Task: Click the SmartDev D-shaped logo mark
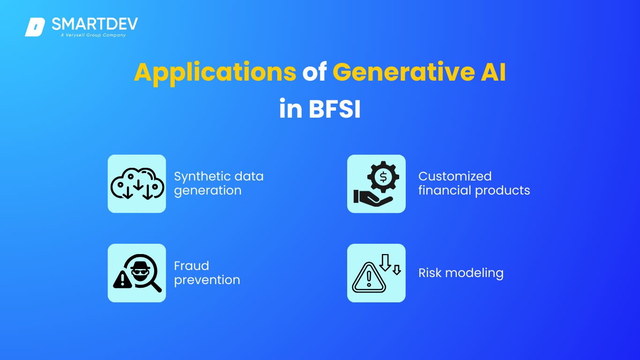click(35, 27)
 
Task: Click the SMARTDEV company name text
click(95, 24)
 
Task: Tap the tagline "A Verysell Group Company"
click(93, 35)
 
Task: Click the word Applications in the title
click(215, 73)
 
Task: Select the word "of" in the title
click(314, 72)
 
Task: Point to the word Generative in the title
click(403, 72)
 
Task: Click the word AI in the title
click(493, 72)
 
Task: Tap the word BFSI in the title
click(335, 109)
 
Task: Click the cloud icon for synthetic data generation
click(137, 184)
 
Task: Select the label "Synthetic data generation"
click(219, 183)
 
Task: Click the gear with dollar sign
click(383, 177)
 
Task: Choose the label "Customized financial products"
click(474, 183)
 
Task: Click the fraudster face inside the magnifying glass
click(140, 270)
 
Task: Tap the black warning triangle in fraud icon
click(123, 279)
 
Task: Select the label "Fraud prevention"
click(207, 273)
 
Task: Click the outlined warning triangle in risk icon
click(369, 277)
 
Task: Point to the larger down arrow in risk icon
click(385, 262)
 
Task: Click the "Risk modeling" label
click(461, 273)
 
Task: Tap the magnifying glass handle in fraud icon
click(156, 286)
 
